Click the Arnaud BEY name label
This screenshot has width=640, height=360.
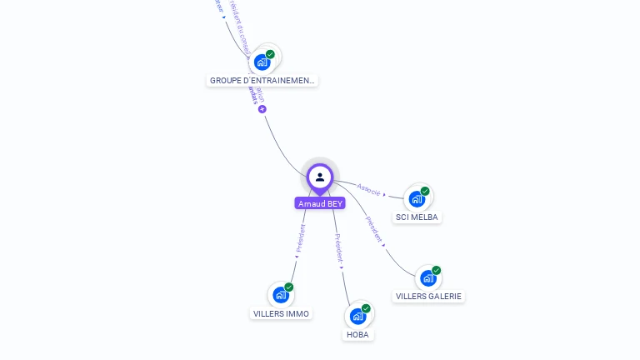pos(320,203)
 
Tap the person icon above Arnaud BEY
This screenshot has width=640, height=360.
pos(320,177)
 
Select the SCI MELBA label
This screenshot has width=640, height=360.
pos(417,217)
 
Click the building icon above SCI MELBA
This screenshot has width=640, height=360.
pos(417,198)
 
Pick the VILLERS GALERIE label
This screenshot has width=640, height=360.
pos(428,296)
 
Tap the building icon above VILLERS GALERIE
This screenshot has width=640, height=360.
pos(427,277)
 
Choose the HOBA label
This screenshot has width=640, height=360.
pos(357,334)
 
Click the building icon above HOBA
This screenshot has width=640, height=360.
pos(357,316)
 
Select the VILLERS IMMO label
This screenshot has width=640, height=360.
pos(281,313)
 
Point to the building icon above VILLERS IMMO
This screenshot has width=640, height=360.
pos(281,294)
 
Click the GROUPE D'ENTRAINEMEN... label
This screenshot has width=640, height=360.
pos(262,81)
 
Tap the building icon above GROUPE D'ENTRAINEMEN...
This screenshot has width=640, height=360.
pos(262,61)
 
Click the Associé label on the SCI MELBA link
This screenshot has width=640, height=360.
pos(368,189)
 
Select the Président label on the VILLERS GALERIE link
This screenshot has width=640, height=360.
pos(374,229)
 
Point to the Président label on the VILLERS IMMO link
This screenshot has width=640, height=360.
pos(300,237)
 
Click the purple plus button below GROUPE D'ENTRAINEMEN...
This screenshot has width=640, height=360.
pos(262,109)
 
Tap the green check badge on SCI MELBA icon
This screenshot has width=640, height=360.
pos(425,191)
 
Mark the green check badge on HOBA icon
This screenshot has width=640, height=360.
pos(366,308)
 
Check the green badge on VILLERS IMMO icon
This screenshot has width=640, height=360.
pos(289,287)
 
